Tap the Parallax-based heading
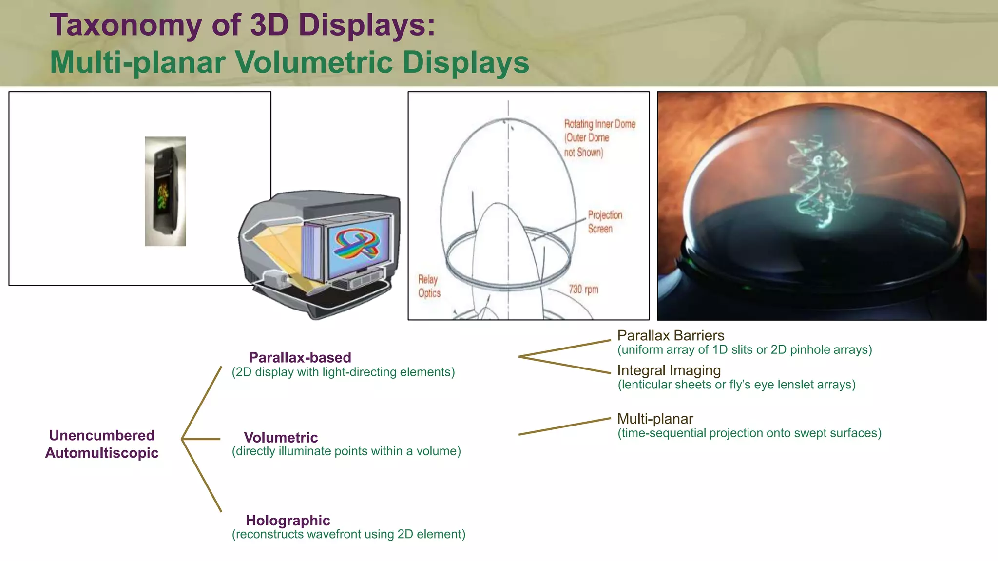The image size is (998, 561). click(300, 357)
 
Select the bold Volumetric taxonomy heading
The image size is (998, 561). click(281, 437)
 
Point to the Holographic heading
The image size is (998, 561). click(288, 520)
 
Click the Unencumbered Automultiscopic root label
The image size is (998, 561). click(102, 444)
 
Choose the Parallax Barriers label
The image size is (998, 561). click(671, 335)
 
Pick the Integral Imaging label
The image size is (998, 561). click(669, 370)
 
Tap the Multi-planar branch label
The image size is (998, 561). click(655, 419)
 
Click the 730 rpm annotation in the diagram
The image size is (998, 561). click(583, 289)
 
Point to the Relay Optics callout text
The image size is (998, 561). click(429, 286)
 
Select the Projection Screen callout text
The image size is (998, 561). click(605, 222)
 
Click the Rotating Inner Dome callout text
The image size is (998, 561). click(599, 138)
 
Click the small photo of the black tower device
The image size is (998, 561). click(165, 192)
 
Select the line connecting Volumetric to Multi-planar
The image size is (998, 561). click(564, 426)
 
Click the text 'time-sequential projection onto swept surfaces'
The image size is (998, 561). click(749, 433)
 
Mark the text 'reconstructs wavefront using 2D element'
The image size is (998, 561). click(348, 534)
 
